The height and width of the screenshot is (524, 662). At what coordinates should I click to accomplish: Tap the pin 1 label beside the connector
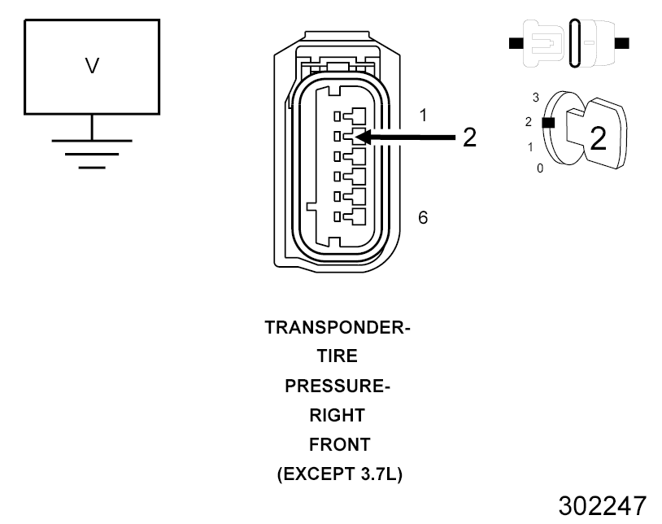point(423,116)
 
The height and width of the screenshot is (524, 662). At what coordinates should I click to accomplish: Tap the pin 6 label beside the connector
point(423,217)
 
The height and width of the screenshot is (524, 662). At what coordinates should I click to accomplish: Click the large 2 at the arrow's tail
point(469,138)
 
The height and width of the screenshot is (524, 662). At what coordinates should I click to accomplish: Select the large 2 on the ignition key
point(598,138)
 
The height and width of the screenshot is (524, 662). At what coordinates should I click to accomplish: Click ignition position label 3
point(536,97)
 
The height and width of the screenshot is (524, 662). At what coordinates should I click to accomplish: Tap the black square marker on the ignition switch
point(548,123)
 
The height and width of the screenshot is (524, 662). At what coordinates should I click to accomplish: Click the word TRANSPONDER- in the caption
point(338,328)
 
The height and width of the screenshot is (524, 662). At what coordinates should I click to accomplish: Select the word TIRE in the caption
point(338,357)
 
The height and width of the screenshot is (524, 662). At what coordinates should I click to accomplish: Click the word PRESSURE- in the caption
point(338,386)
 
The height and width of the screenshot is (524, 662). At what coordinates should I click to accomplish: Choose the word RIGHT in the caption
point(338,416)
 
